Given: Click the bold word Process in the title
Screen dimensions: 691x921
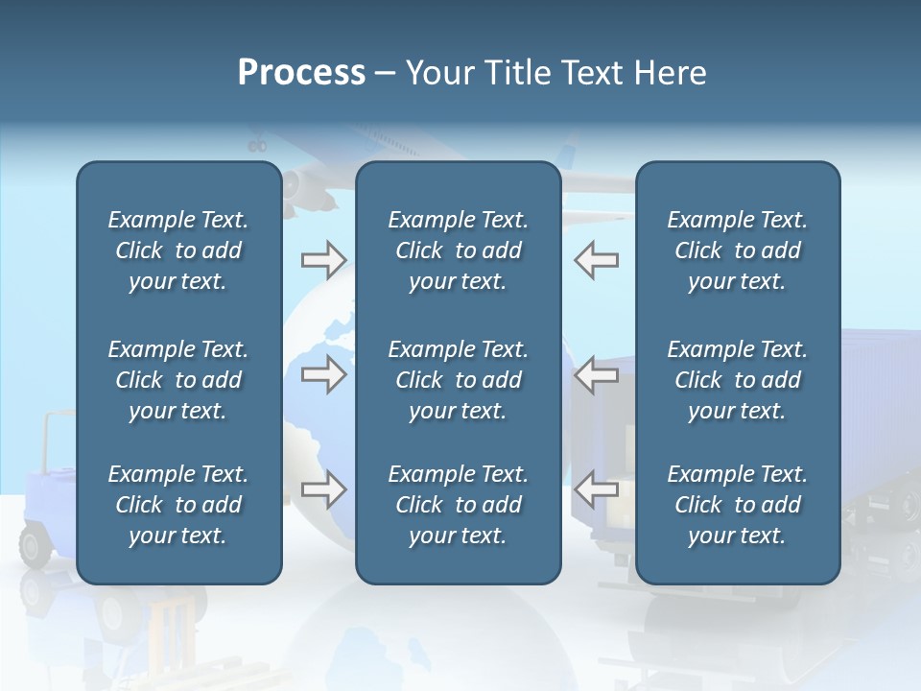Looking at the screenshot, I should point(301,73).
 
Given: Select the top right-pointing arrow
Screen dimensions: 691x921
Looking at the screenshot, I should point(323,259).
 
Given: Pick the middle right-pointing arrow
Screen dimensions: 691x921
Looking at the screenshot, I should point(323,374).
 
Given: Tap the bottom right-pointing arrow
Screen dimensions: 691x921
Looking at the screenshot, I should point(323,489).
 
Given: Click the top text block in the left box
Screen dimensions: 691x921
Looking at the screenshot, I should point(178,250).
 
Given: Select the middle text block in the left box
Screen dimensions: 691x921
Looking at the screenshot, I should point(178,380).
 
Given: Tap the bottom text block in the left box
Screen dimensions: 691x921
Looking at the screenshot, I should point(178,505).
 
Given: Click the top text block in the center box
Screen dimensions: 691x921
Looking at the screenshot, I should point(458,250).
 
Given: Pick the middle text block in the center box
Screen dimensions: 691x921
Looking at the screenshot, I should point(458,380).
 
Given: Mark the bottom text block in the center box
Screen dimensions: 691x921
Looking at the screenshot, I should point(458,505).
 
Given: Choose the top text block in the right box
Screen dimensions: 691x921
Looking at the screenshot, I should point(737,250).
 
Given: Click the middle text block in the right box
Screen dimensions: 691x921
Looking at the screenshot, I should point(737,380).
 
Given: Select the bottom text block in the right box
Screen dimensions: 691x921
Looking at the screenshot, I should point(737,505).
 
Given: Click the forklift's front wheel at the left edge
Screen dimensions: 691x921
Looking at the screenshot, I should point(35,547).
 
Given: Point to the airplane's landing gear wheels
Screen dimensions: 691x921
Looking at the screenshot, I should point(257,146).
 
